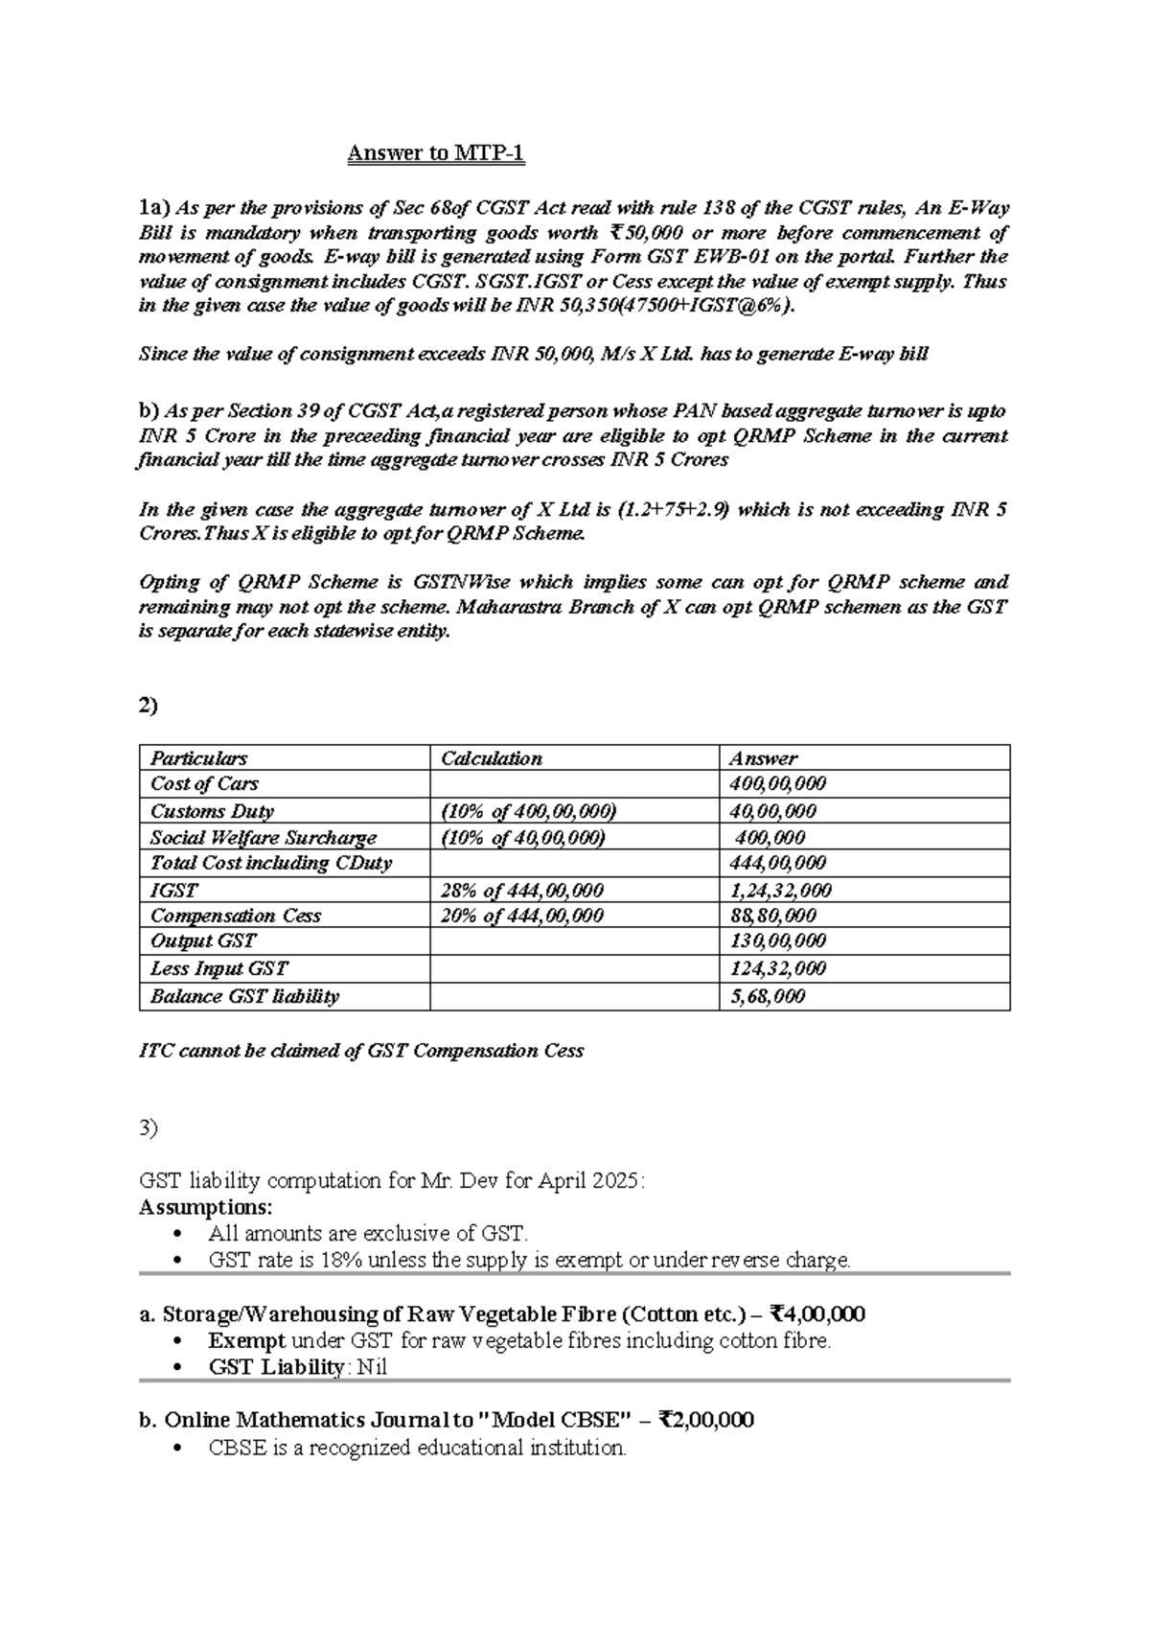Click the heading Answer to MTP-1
(x=436, y=153)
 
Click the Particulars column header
(x=198, y=758)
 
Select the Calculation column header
(x=491, y=758)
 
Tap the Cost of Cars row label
(x=204, y=783)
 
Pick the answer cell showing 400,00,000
(x=777, y=783)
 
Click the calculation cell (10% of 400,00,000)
(x=528, y=811)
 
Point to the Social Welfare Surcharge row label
(x=264, y=837)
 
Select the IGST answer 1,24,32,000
(x=780, y=890)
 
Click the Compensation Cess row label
(x=236, y=916)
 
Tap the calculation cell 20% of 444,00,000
(x=521, y=916)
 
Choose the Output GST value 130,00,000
(x=777, y=941)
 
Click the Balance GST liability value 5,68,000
(x=767, y=996)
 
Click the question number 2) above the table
(x=149, y=706)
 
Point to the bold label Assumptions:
(x=206, y=1206)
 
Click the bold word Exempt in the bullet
(x=246, y=1340)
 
